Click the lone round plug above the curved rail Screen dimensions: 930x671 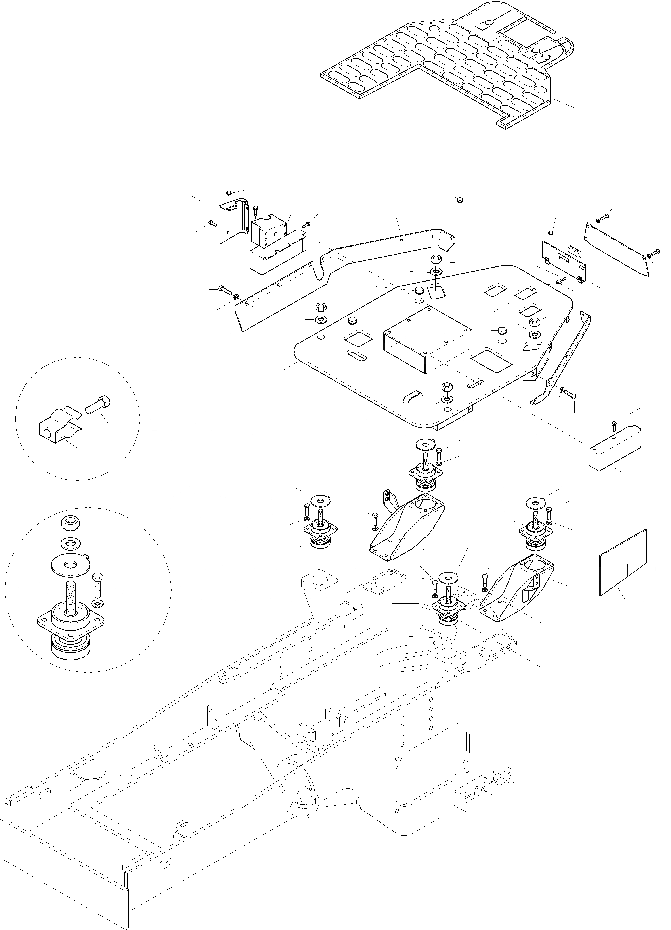(x=460, y=200)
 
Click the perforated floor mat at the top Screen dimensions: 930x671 (x=442, y=66)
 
